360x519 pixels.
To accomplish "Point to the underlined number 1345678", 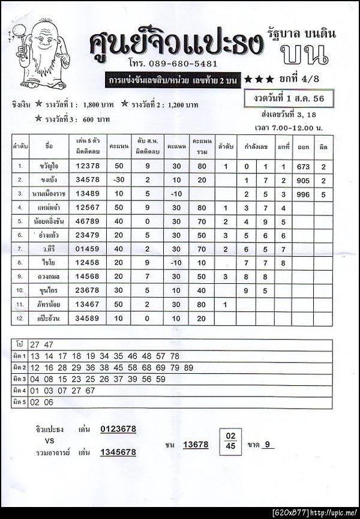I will click(117, 452).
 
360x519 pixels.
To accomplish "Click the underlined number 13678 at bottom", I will click(196, 445).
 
